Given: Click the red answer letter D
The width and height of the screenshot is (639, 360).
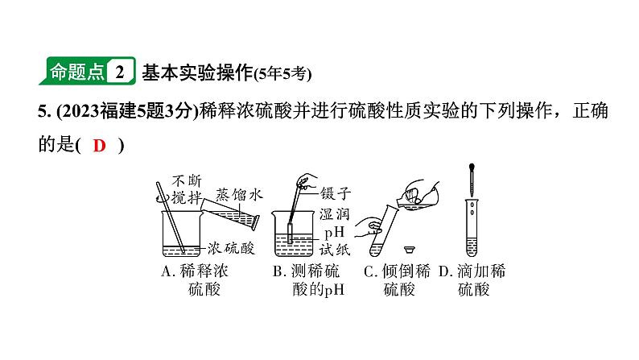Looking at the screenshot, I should [99, 146].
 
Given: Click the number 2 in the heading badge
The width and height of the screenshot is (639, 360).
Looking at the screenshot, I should [119, 72].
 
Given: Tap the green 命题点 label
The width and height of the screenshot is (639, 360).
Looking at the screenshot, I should [76, 72].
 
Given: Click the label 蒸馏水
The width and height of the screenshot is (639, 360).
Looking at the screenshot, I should [240, 195].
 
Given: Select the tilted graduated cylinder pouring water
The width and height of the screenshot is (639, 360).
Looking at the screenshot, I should [233, 212].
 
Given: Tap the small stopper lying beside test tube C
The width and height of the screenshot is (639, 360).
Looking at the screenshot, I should [410, 246].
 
